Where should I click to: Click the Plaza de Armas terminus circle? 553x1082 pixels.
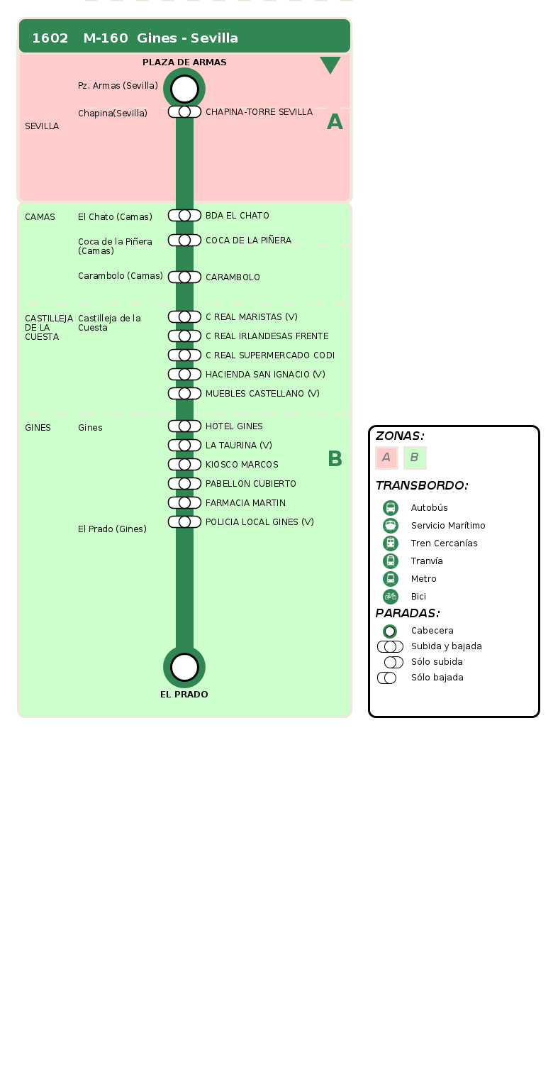[x=184, y=89]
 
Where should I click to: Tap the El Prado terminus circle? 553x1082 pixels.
[x=184, y=667]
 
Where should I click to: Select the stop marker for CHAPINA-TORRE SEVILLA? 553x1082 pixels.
[x=184, y=112]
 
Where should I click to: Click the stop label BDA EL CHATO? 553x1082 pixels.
[x=238, y=216]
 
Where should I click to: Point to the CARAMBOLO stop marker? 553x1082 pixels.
[x=184, y=277]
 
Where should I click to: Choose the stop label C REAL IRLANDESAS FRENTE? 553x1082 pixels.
[x=267, y=336]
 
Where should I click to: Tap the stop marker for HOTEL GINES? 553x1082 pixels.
[x=184, y=426]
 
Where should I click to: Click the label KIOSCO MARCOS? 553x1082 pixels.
[x=242, y=465]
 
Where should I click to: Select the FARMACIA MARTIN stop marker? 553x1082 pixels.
[x=184, y=503]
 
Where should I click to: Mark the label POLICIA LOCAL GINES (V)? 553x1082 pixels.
[x=259, y=522]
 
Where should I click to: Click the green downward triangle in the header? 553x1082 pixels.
[x=330, y=65]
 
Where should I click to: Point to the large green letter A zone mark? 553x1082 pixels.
[x=335, y=122]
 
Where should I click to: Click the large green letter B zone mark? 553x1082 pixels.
[x=335, y=459]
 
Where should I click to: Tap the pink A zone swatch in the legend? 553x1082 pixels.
[x=386, y=458]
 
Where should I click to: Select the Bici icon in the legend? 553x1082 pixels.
[x=391, y=597]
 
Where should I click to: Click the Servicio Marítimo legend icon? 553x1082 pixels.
[x=391, y=526]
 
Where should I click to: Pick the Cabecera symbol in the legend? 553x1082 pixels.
[x=390, y=631]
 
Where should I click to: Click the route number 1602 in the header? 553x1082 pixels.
[x=50, y=38]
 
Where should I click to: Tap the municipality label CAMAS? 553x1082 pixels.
[x=40, y=217]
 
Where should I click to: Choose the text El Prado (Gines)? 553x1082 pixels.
[x=113, y=529]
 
